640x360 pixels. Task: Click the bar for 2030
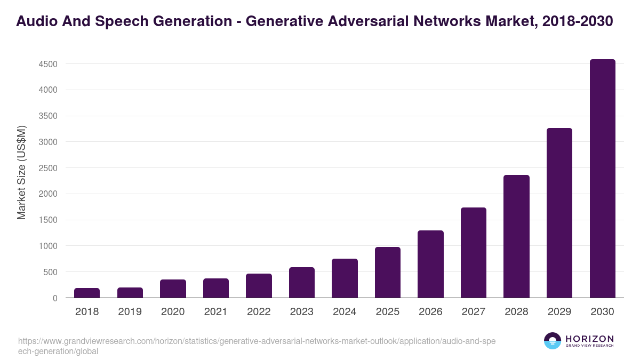point(602,179)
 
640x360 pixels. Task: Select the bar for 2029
point(559,213)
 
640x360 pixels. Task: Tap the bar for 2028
point(516,236)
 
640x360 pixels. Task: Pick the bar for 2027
point(474,253)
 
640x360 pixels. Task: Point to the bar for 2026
point(430,264)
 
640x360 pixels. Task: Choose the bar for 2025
point(388,273)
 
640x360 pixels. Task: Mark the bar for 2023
point(302,283)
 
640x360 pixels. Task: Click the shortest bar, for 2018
point(87,293)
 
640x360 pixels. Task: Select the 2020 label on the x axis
point(173,312)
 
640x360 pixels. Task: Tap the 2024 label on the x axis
point(345,312)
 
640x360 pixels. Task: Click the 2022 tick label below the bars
point(259,312)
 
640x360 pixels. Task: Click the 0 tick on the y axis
point(54,299)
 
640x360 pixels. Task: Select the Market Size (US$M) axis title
point(21,173)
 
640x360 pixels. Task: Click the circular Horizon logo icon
point(553,341)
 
